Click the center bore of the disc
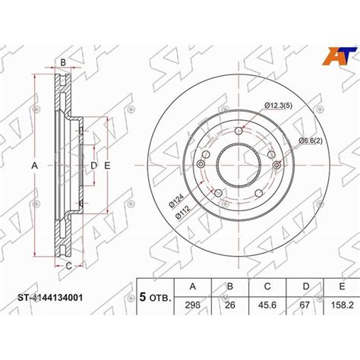(238, 166)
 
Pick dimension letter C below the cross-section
(68, 265)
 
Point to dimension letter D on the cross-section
(93, 166)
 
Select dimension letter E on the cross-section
(108, 166)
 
